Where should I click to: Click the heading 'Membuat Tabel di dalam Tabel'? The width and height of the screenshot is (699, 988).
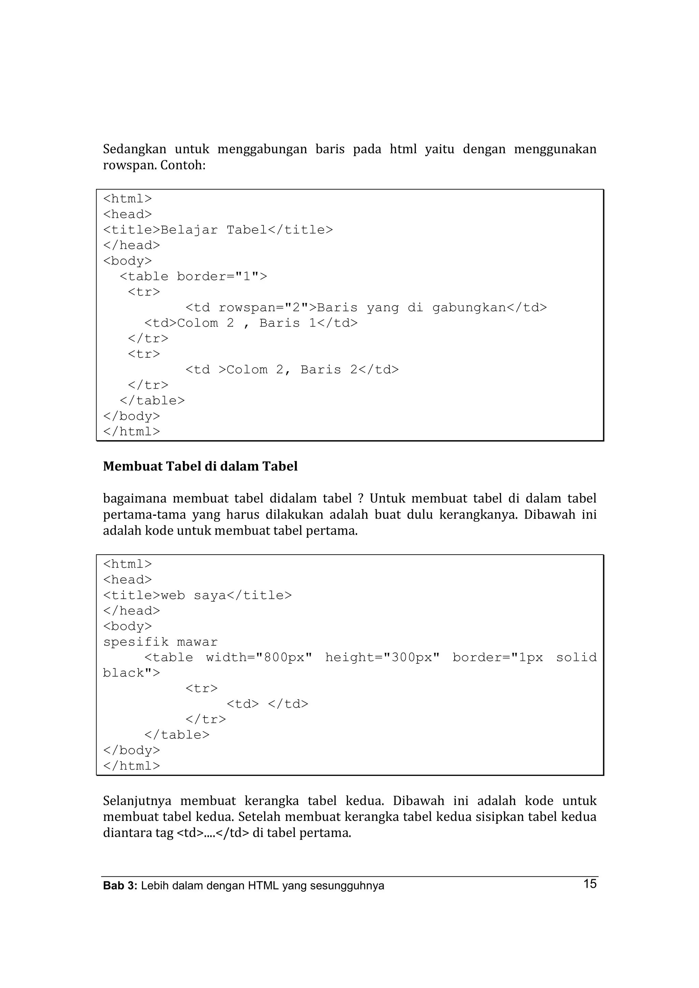200,466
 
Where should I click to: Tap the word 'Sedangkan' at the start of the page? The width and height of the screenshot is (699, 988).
134,149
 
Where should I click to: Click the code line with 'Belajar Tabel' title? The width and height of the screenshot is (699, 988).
218,230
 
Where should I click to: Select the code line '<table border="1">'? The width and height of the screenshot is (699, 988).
194,276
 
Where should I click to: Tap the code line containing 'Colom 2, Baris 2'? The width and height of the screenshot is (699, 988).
292,370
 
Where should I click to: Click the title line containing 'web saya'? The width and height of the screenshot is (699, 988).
197,596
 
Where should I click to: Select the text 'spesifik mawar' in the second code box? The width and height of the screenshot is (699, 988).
160,642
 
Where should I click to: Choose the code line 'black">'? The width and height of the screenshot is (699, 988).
131,673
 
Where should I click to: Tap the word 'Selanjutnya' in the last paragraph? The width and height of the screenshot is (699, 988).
137,801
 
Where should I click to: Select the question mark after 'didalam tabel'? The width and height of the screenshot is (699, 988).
360,499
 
